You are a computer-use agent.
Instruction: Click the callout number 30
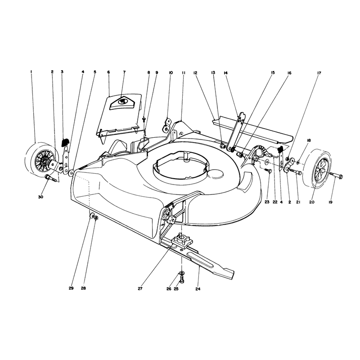coord(40,197)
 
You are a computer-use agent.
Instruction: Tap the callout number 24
coord(198,289)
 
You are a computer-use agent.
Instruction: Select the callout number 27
coord(140,288)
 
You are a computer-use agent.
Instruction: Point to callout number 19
coord(330,202)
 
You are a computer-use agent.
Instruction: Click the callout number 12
coord(195,73)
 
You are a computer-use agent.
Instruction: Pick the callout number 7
coord(125,72)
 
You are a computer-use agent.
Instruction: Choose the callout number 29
coord(71,288)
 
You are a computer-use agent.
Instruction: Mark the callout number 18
coord(309,140)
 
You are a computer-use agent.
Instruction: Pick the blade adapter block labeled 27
coord(182,240)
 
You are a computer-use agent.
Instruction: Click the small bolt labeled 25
coord(182,279)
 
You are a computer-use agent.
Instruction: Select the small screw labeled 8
coord(144,119)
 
